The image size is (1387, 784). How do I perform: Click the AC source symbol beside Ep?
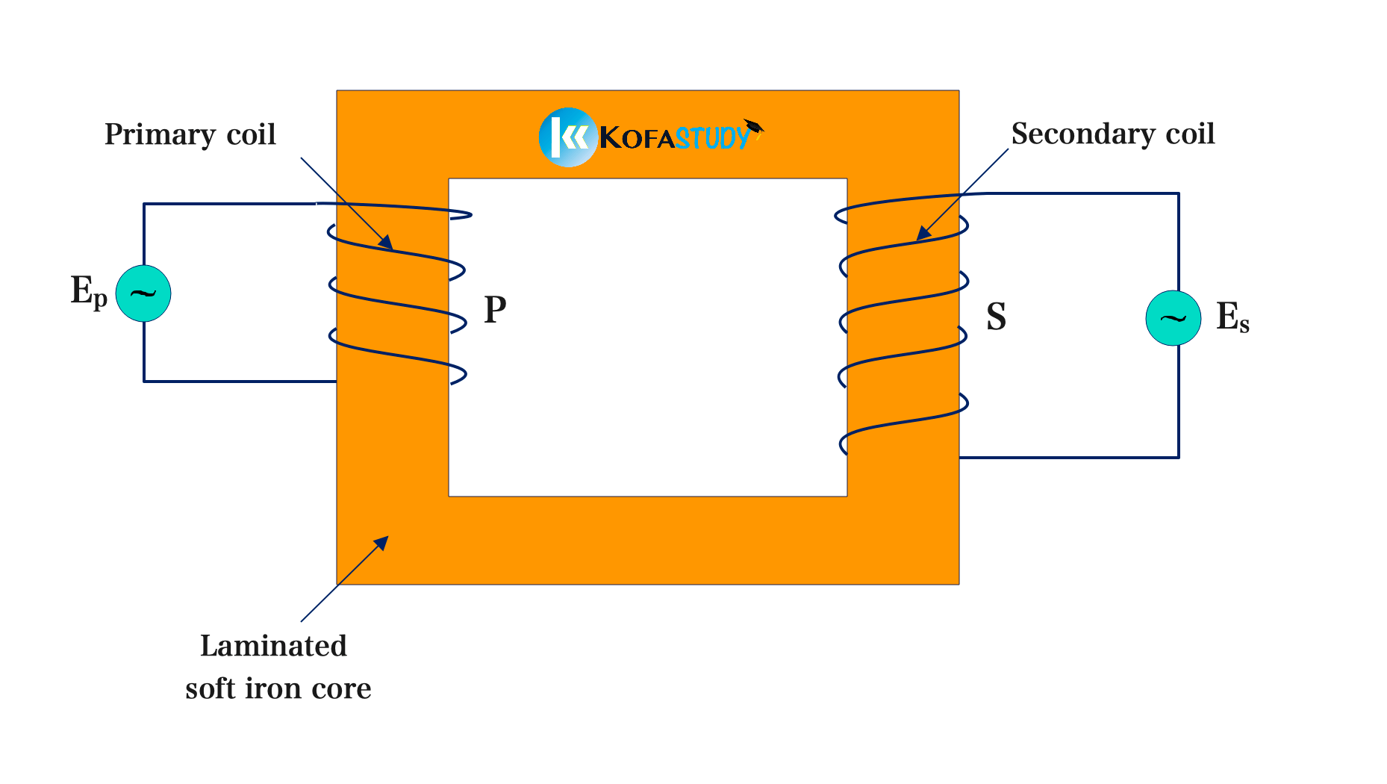(143, 293)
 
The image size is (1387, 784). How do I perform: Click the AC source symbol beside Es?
(1173, 318)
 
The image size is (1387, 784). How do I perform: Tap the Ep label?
(88, 291)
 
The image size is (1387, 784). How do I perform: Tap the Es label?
(1232, 317)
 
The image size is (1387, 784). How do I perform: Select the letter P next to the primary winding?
(495, 309)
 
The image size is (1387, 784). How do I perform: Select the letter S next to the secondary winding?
(996, 317)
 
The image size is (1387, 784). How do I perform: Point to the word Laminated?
(273, 646)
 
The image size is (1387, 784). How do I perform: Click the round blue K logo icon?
(567, 137)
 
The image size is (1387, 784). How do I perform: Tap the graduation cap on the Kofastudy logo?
(754, 126)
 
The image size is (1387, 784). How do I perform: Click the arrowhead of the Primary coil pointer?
(386, 242)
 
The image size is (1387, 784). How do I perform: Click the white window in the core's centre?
(647, 337)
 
